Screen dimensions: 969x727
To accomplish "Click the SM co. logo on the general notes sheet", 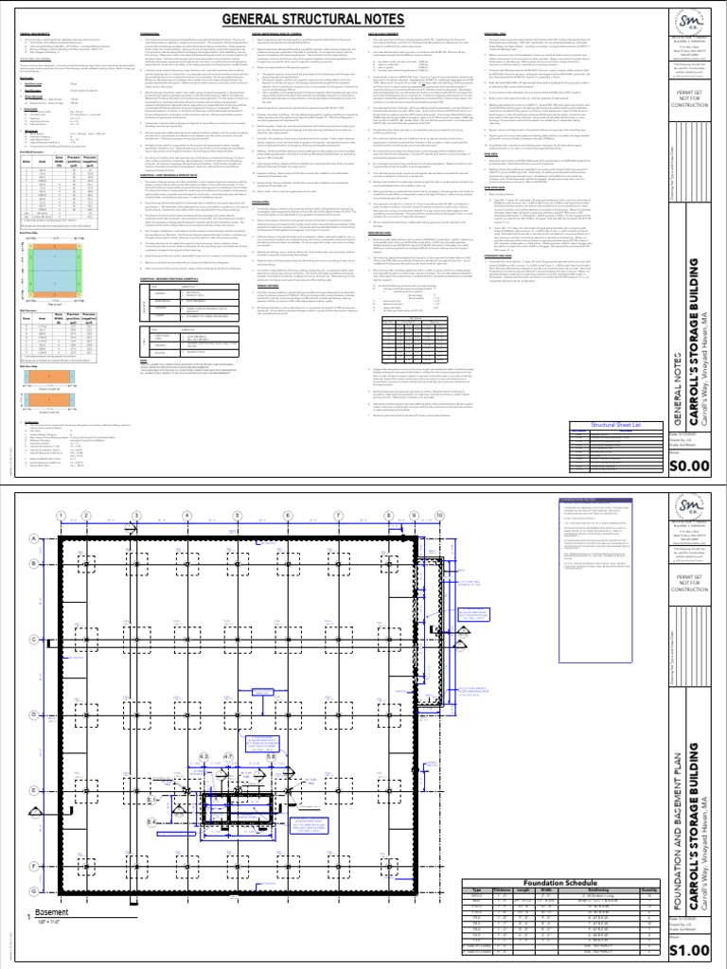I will click(x=693, y=27).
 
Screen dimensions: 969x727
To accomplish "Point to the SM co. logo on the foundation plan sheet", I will click(x=693, y=514).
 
